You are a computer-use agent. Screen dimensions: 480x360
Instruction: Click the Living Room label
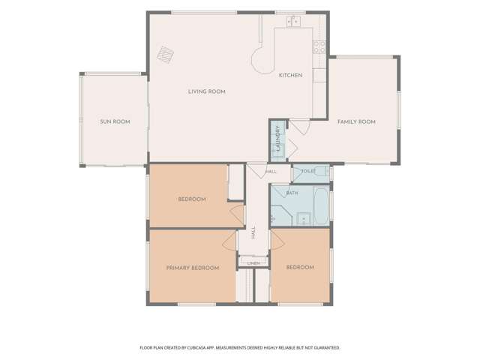point(207,91)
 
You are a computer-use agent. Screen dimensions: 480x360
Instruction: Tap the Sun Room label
point(115,121)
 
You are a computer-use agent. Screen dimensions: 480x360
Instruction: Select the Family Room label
point(356,121)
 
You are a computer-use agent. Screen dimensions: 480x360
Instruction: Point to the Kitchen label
point(290,75)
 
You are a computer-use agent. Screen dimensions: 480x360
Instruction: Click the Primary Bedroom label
point(193,268)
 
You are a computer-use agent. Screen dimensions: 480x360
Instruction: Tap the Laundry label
point(278,138)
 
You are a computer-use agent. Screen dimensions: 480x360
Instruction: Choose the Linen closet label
point(253,263)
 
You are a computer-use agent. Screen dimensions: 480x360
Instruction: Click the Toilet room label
point(308,171)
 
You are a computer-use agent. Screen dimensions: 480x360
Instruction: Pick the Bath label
point(292,193)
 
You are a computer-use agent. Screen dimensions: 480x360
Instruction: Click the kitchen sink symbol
point(293,22)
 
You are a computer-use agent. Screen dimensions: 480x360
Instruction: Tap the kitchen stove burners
point(319,47)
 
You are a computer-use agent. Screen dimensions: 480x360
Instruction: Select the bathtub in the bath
point(321,206)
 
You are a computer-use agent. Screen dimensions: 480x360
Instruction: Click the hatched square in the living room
point(166,55)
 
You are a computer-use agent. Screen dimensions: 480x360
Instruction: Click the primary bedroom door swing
point(230,241)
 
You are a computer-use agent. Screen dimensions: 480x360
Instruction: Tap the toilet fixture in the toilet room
point(322,171)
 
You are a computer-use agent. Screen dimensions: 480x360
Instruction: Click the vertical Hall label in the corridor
point(253,232)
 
